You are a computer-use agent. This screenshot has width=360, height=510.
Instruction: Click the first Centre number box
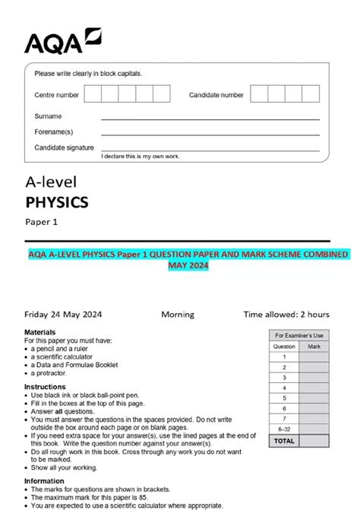(x=93, y=93)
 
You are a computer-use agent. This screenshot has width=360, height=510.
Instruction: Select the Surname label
(x=48, y=116)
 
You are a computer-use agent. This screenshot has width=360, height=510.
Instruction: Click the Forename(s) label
(x=54, y=131)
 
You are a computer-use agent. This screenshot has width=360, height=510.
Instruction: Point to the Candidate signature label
(x=65, y=147)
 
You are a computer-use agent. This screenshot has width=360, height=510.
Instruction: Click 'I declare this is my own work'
(x=141, y=156)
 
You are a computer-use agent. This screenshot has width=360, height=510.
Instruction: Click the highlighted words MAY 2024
(x=187, y=266)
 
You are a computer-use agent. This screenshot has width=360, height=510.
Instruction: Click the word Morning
(x=178, y=314)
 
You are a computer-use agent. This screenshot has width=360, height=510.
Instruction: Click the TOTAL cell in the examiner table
(x=284, y=440)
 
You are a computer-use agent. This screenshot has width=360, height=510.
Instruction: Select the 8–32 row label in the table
(x=284, y=429)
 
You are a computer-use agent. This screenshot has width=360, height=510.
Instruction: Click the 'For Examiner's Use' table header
(x=299, y=335)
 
